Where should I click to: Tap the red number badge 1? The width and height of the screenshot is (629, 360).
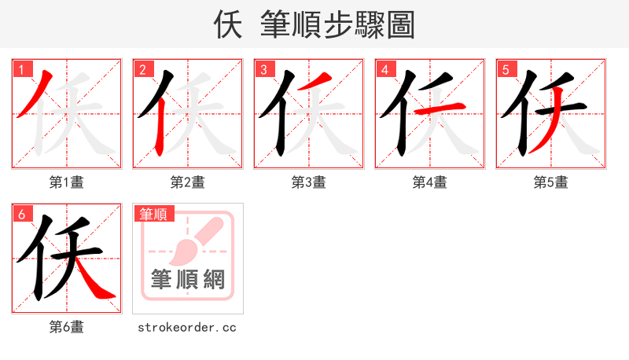coord(22,69)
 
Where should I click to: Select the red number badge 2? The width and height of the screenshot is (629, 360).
coord(143,69)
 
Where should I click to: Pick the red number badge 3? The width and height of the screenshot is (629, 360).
coord(264,69)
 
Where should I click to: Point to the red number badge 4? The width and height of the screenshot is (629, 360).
coord(385,69)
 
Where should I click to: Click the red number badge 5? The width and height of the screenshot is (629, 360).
coord(506,69)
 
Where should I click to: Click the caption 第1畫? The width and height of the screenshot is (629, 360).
coord(66,182)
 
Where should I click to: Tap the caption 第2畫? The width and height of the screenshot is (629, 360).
coord(187,182)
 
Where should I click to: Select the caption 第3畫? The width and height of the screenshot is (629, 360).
coord(308,182)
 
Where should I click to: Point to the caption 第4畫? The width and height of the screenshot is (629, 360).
coord(429,182)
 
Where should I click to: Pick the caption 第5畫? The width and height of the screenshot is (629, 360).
coord(550,182)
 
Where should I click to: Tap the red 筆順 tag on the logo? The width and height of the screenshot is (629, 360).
coord(154,214)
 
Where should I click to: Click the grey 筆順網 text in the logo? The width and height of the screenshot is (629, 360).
coord(187,279)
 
